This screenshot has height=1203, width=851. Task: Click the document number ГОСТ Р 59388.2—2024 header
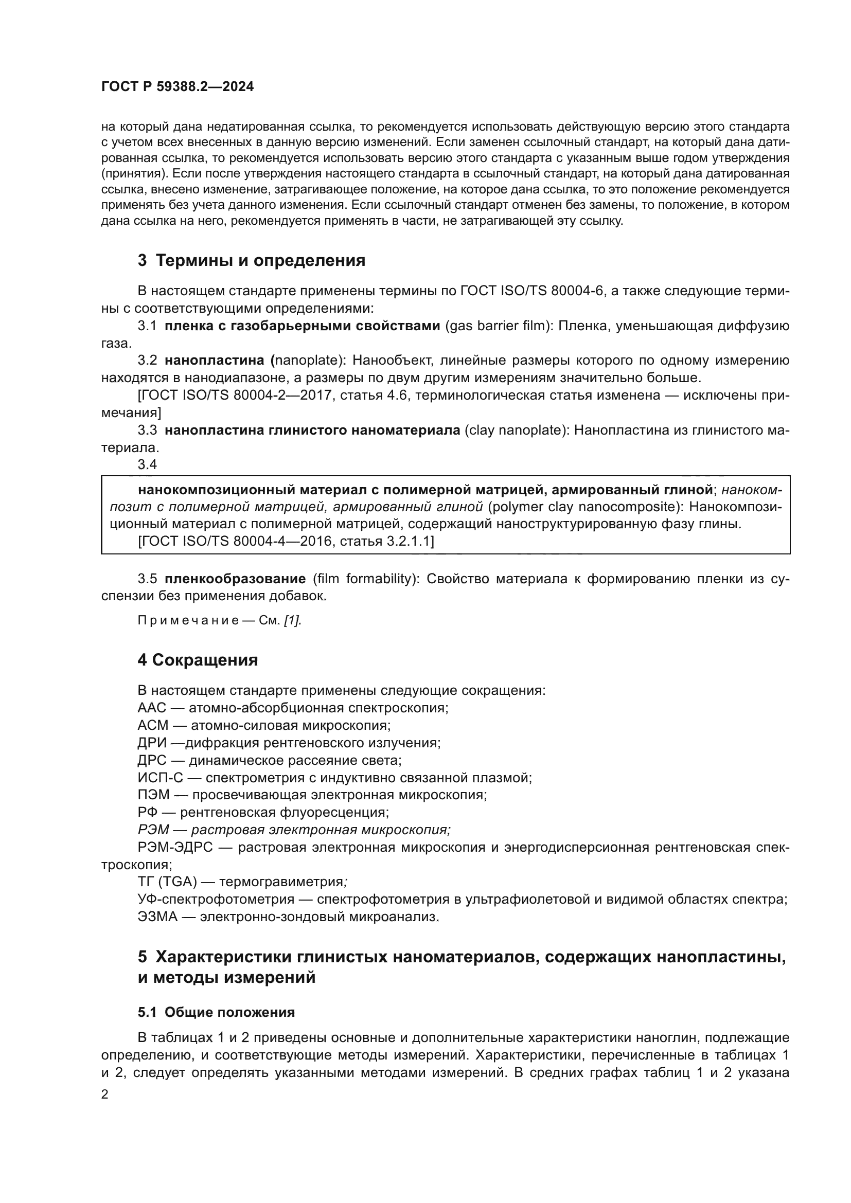pyautogui.click(x=177, y=87)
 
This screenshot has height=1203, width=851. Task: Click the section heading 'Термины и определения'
pyautogui.click(x=260, y=260)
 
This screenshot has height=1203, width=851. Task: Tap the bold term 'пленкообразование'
pyautogui.click(x=235, y=579)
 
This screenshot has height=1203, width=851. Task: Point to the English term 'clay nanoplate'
pyautogui.click(x=517, y=430)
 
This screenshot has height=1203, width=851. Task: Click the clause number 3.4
pyautogui.click(x=147, y=464)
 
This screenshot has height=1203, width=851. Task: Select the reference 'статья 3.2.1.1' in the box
pyautogui.click(x=385, y=541)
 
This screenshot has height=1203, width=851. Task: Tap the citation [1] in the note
pyautogui.click(x=292, y=620)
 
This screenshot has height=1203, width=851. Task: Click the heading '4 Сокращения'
pyautogui.click(x=198, y=660)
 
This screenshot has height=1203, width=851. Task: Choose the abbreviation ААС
pyautogui.click(x=151, y=708)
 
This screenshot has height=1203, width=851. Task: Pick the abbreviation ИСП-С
pyautogui.click(x=161, y=778)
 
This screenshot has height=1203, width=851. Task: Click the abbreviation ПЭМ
pyautogui.click(x=153, y=795)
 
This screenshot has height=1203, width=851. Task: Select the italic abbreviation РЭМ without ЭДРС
pyautogui.click(x=153, y=830)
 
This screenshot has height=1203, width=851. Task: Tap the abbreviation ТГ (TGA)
pyautogui.click(x=167, y=882)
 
